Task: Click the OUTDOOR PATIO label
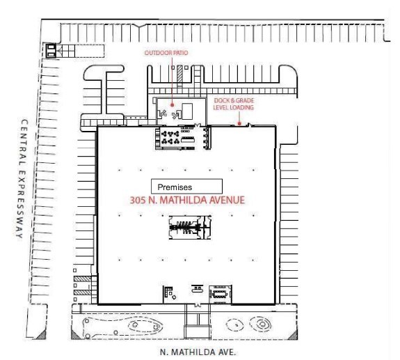(x=166, y=53)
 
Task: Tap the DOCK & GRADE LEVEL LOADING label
(x=234, y=104)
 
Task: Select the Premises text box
(x=186, y=187)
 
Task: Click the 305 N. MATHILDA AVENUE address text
(x=188, y=200)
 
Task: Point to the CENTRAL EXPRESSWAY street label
(x=22, y=179)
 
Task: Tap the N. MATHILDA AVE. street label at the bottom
(x=198, y=352)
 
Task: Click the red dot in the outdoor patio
(x=173, y=104)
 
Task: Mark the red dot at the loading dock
(x=239, y=123)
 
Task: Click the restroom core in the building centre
(x=190, y=227)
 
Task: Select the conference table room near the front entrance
(x=220, y=295)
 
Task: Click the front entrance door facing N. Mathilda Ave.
(x=198, y=304)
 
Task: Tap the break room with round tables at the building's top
(x=183, y=138)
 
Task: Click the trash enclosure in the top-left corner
(x=51, y=51)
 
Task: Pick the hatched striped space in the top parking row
(x=180, y=74)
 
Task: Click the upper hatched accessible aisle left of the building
(x=82, y=279)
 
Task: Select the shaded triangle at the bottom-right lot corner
(x=294, y=335)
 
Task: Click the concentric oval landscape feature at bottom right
(x=262, y=324)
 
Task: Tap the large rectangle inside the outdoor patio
(x=187, y=111)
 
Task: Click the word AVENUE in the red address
(x=227, y=200)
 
